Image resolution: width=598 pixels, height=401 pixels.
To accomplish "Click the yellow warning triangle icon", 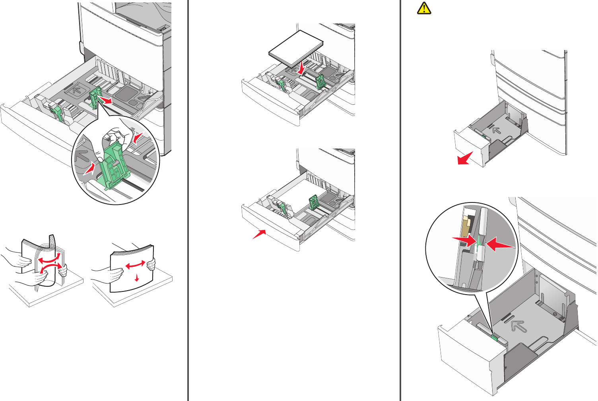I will tap(424, 8).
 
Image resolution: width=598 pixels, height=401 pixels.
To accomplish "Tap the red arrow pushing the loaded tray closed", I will tap(259, 234).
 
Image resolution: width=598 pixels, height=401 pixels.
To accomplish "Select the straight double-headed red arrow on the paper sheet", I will tap(135, 264).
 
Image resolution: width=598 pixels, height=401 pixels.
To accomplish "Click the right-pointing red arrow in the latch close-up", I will tap(465, 240).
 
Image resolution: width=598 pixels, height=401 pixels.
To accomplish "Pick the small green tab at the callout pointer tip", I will tap(495, 337).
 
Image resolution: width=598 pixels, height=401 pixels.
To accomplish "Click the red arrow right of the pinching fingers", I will tap(137, 138).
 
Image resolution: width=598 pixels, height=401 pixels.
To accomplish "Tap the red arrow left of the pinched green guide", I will tap(90, 169).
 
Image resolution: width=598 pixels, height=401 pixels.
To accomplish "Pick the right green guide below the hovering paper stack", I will tap(320, 81).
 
